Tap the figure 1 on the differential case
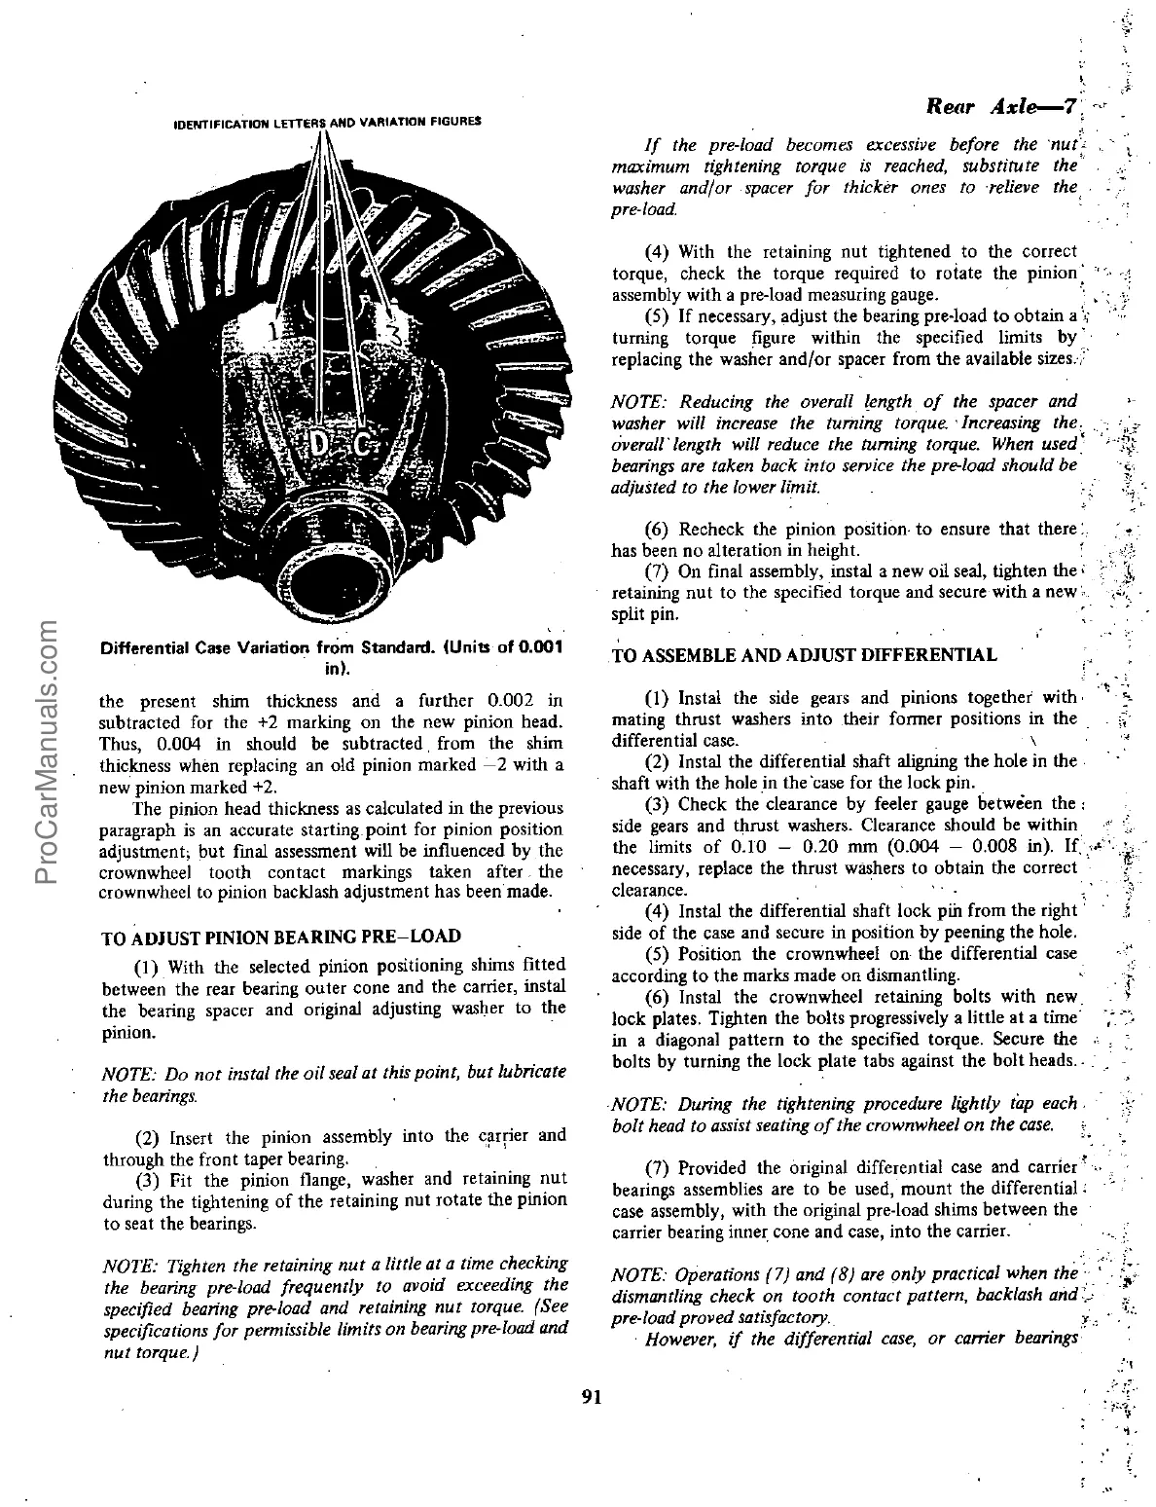[x=273, y=331]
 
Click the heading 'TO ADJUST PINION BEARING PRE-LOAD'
[x=282, y=936]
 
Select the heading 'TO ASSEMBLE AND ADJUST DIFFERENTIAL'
[x=804, y=654]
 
